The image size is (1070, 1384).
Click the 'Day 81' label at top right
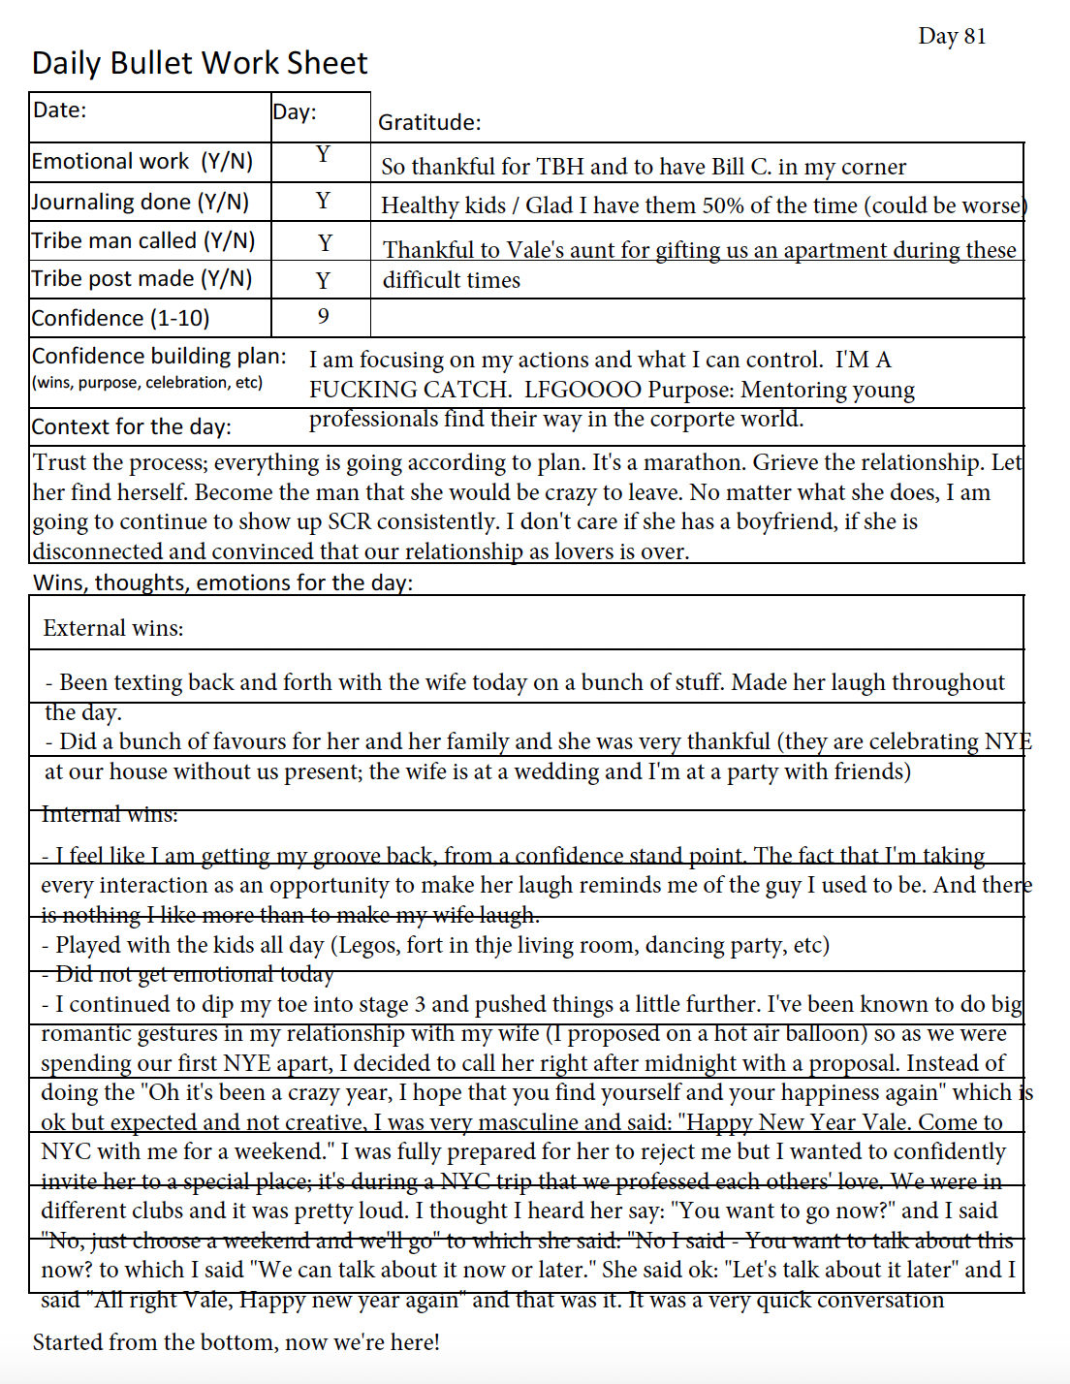click(952, 37)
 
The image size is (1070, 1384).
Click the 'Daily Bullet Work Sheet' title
click(200, 64)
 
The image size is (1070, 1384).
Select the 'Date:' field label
click(60, 110)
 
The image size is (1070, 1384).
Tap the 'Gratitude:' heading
click(429, 123)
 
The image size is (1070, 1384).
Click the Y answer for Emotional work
click(323, 155)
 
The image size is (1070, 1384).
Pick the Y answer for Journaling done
click(323, 201)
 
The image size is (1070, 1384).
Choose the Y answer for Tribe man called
click(325, 242)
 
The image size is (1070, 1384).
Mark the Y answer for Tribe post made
click(323, 281)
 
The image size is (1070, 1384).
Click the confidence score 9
click(323, 317)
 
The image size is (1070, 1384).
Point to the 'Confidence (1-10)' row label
click(120, 319)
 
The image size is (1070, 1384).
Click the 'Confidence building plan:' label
click(159, 357)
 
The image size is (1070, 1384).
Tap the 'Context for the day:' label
click(131, 427)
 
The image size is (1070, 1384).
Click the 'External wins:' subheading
click(113, 628)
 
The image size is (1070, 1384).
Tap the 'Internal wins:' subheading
click(110, 814)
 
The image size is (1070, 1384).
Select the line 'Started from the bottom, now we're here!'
click(236, 1342)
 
